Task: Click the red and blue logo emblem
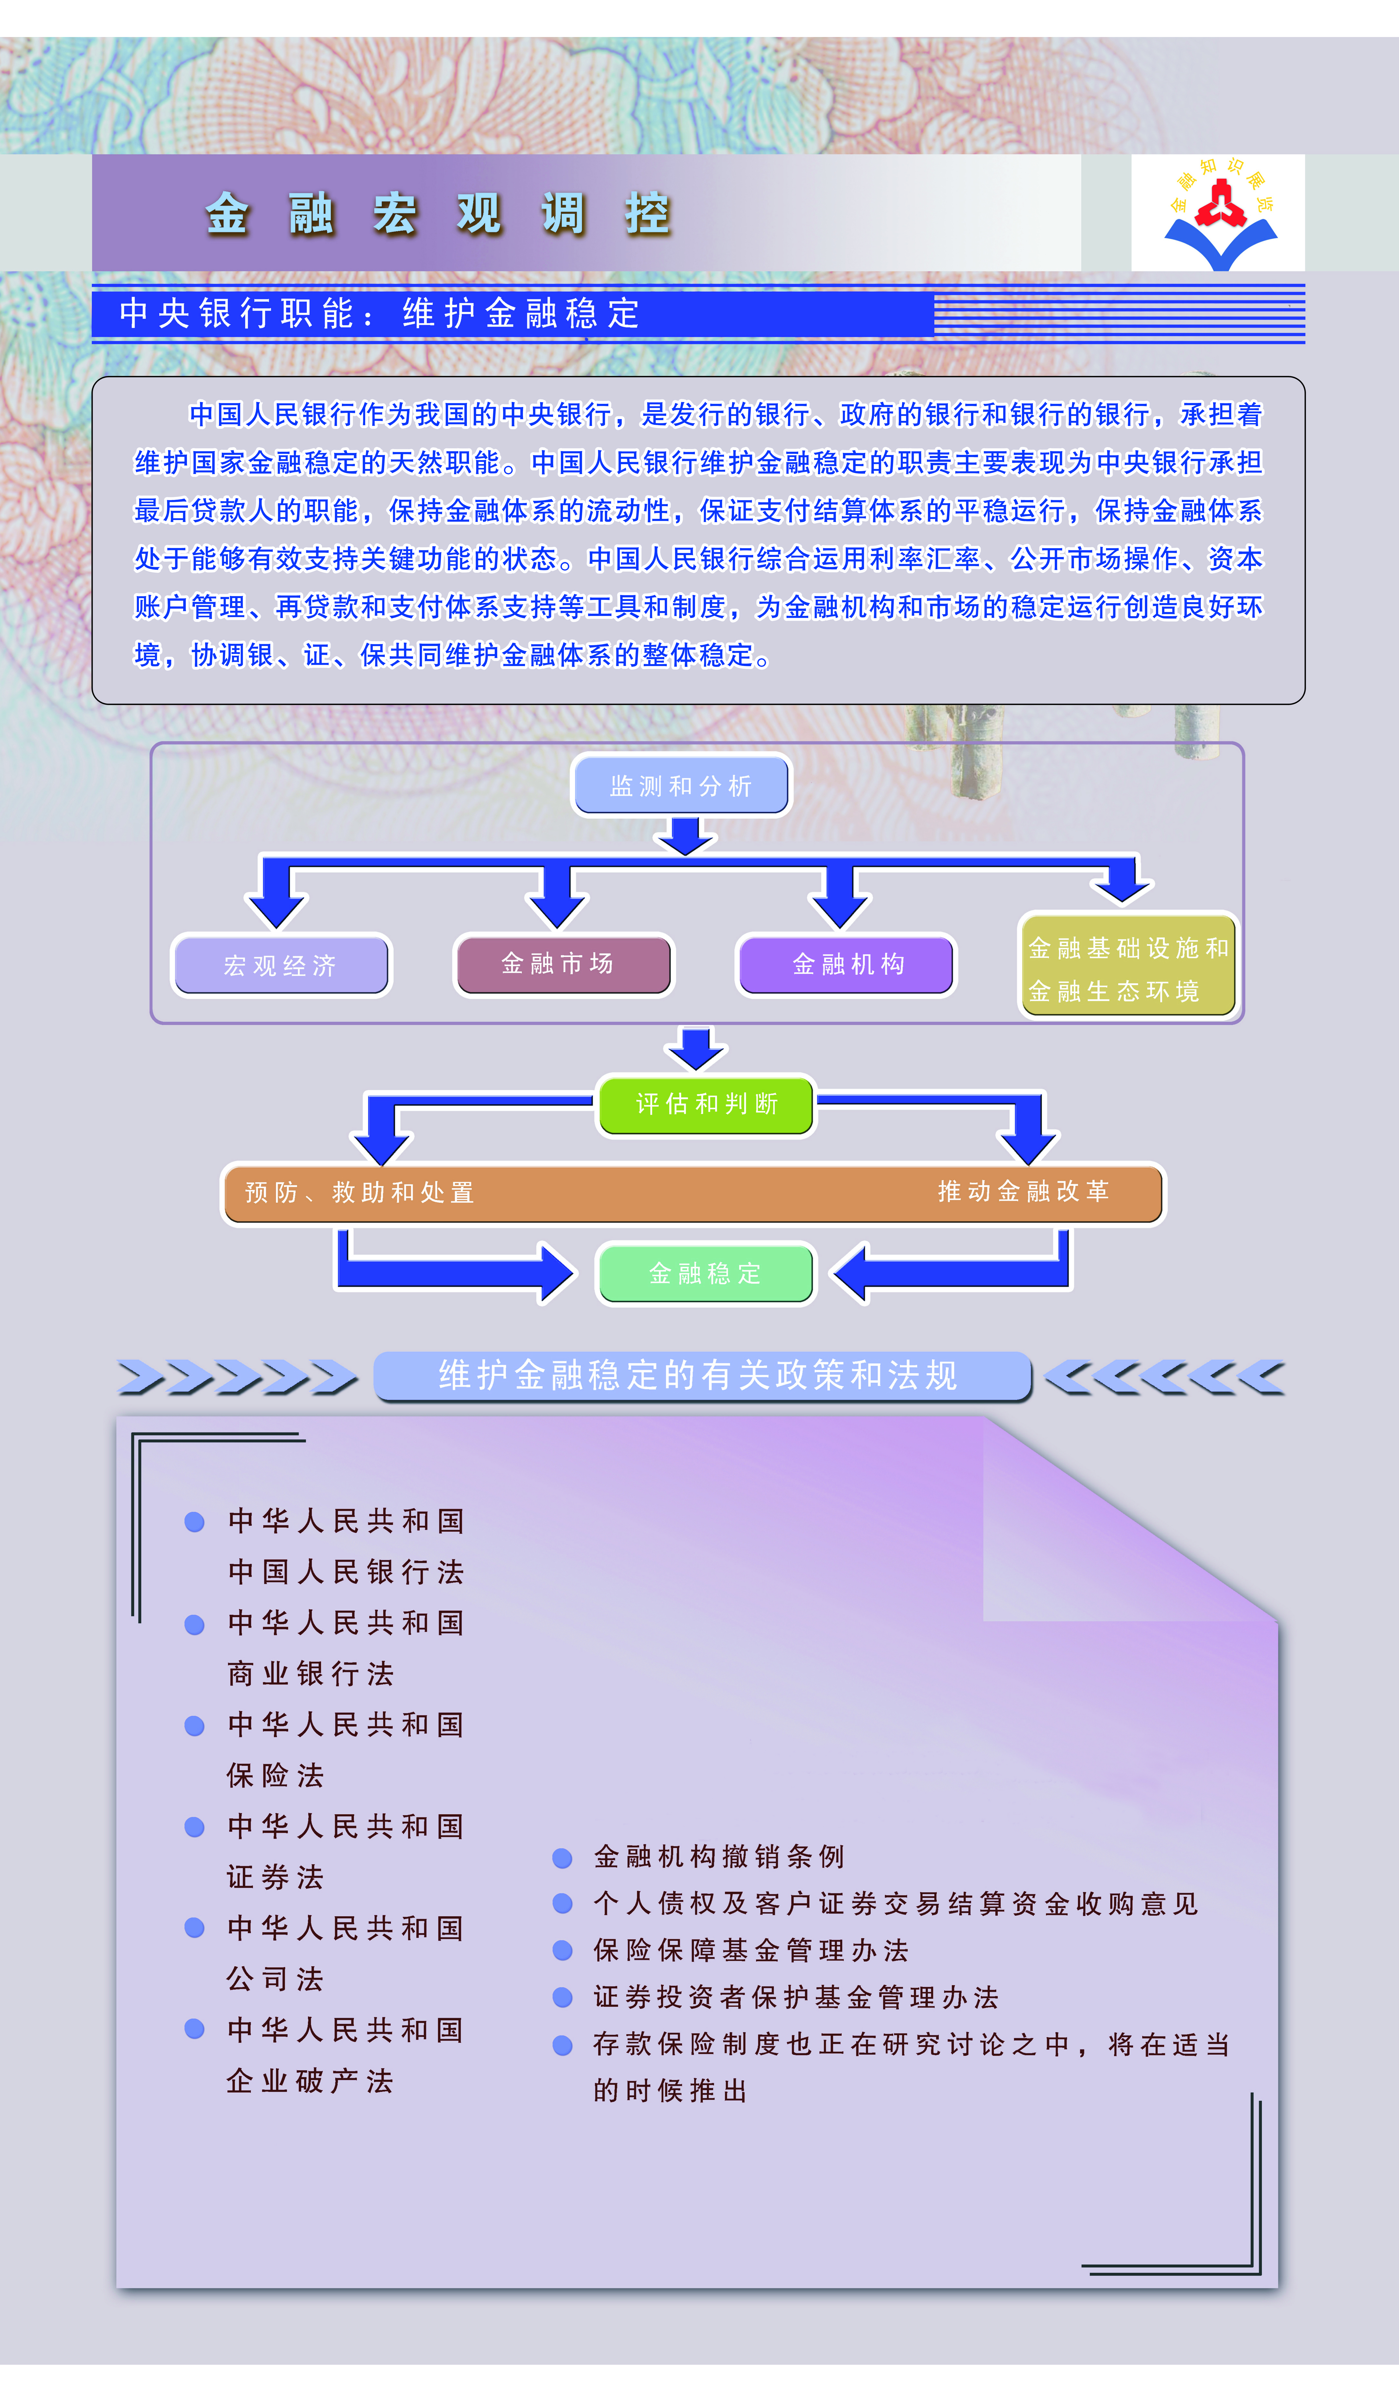(x=1219, y=213)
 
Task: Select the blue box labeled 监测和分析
(x=680, y=785)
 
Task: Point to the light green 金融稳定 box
(x=705, y=1273)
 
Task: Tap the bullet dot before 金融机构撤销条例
(x=562, y=1858)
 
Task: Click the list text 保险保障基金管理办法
(x=751, y=1950)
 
